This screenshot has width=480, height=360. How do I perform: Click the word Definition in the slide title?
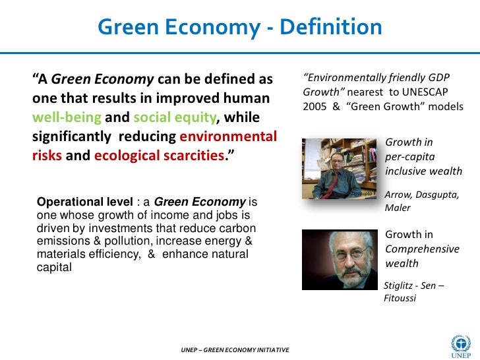coord(331,28)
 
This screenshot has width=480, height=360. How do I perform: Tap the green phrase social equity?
coord(173,118)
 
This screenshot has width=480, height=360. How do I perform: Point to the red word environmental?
coord(228,138)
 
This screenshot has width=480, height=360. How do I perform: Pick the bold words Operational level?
coord(85,202)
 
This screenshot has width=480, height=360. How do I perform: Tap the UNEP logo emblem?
coord(460,342)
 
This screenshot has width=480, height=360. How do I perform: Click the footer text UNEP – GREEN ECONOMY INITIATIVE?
coord(235,349)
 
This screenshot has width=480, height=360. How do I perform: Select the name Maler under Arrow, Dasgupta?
coord(398,208)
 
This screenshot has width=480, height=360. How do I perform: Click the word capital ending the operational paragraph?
coord(51,268)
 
